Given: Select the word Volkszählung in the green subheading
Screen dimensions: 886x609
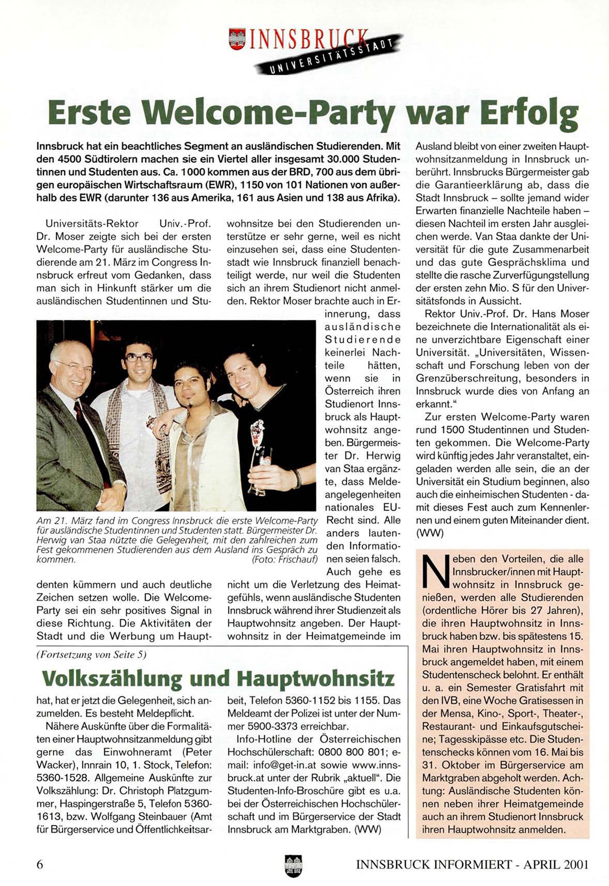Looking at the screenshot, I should pyautogui.click(x=111, y=678).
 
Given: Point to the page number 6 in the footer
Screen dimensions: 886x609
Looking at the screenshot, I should pyautogui.click(x=40, y=864).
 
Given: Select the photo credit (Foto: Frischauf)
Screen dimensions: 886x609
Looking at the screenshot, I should pyautogui.click(x=284, y=559).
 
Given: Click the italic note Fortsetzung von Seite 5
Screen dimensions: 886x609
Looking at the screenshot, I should pyautogui.click(x=92, y=655).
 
